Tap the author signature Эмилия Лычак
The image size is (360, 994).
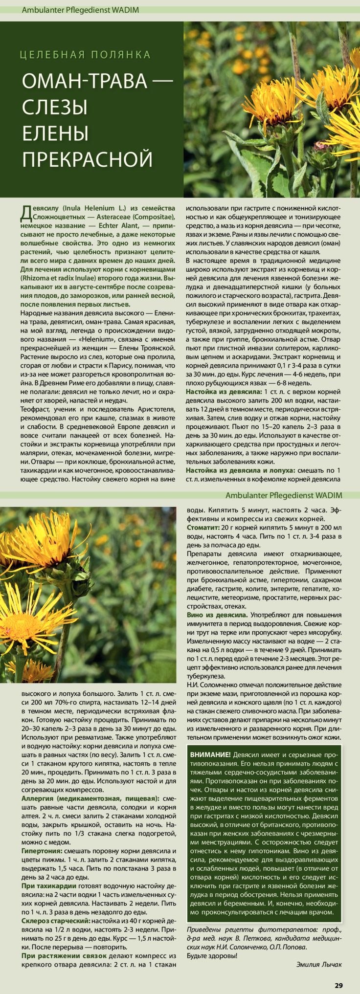pos(319,964)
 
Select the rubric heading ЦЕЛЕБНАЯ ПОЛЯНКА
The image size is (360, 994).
pos(86,55)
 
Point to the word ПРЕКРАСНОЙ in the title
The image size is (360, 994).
pos(88,158)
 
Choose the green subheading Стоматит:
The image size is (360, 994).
pos(203,528)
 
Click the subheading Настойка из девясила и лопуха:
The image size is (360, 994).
pos(240,470)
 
